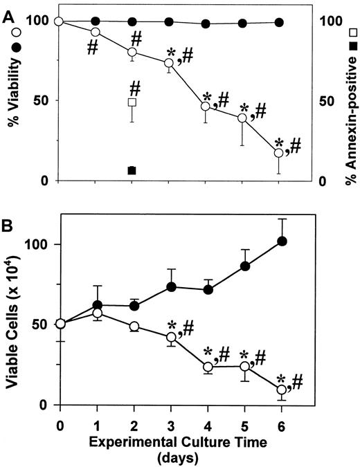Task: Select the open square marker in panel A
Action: (x=132, y=102)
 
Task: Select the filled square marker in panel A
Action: (x=132, y=170)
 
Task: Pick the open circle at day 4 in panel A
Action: (x=206, y=107)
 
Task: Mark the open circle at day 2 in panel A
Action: (x=132, y=53)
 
